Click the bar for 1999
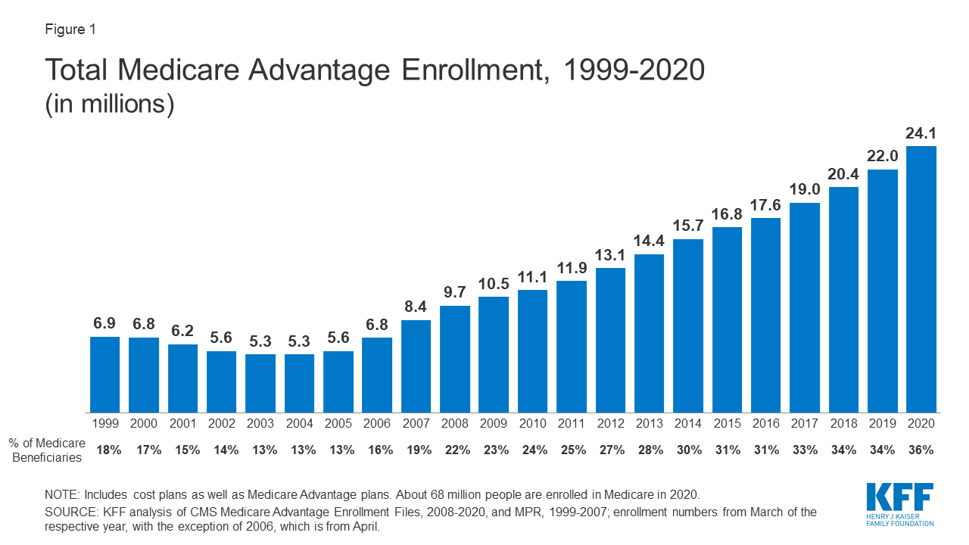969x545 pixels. (x=104, y=374)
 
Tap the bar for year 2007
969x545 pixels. (x=416, y=366)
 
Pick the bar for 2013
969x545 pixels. (x=649, y=333)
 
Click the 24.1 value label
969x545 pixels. (x=921, y=133)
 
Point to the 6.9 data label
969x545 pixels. (x=104, y=324)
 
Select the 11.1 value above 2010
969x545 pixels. (x=532, y=277)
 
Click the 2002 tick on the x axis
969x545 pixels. (x=221, y=424)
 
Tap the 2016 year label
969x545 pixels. (x=765, y=424)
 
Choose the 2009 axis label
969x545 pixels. (x=494, y=424)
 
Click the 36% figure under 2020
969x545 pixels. (x=921, y=450)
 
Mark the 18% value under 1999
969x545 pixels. (x=108, y=450)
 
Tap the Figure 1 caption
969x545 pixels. (x=70, y=30)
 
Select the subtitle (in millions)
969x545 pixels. (x=110, y=104)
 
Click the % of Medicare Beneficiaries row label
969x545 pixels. (x=47, y=450)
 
